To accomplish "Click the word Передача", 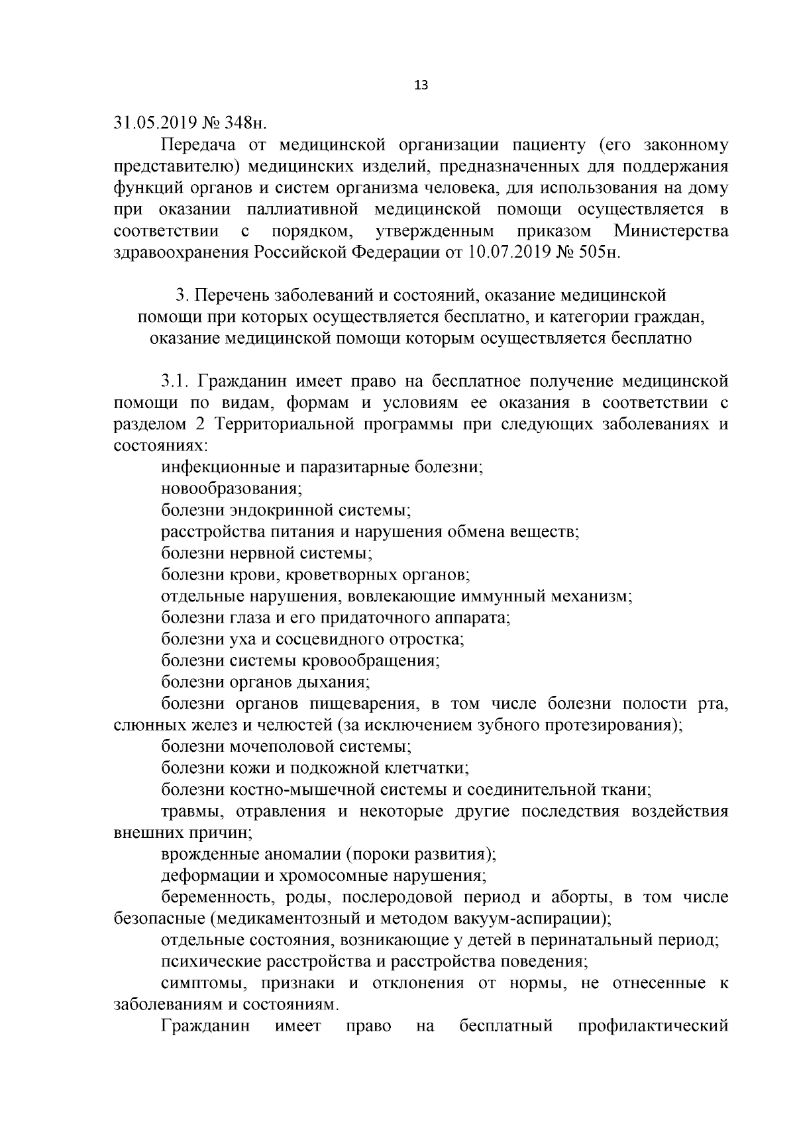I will (x=197, y=145).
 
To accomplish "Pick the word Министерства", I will (x=670, y=231).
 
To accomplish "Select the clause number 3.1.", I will (x=176, y=382).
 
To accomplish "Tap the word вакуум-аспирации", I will (x=537, y=919).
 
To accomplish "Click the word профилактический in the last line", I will (x=653, y=1026).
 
